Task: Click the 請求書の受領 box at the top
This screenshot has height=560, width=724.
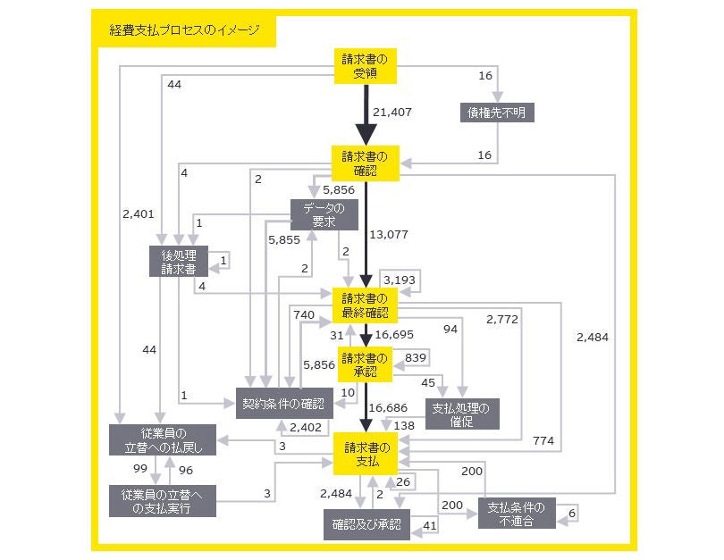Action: [366, 66]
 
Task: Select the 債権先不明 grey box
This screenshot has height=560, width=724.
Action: [498, 113]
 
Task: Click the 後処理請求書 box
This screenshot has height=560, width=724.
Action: [177, 260]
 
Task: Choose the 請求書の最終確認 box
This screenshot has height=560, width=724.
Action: [365, 305]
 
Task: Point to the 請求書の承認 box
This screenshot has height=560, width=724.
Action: [366, 364]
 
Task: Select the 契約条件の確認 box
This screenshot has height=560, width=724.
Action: [284, 405]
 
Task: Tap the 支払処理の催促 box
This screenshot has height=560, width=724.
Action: [461, 414]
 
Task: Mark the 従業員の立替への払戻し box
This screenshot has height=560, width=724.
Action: [162, 440]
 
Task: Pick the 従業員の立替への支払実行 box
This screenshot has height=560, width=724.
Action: [162, 501]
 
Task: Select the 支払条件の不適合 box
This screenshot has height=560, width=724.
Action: [516, 514]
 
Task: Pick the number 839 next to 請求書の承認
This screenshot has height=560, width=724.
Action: [416, 357]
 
